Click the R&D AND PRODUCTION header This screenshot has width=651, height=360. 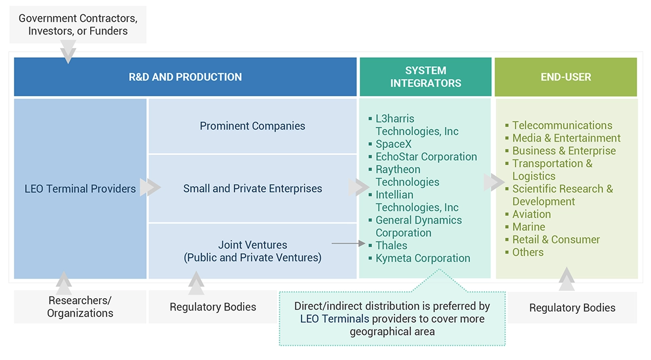pyautogui.click(x=185, y=77)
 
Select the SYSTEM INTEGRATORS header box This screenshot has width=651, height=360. pyautogui.click(x=426, y=77)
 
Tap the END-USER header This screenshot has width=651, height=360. pyautogui.click(x=566, y=77)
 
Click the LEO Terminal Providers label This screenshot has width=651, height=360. pyautogui.click(x=80, y=189)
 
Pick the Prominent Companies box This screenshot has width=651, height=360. pyautogui.click(x=253, y=126)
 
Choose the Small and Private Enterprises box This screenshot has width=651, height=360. pyautogui.click(x=253, y=189)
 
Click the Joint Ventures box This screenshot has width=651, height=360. pyautogui.click(x=253, y=251)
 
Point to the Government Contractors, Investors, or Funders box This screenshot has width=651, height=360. pyautogui.click(x=78, y=24)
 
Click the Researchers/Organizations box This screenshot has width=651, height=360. pyautogui.click(x=80, y=307)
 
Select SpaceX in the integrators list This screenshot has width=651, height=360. pyautogui.click(x=393, y=144)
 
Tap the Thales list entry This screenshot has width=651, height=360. pyautogui.click(x=391, y=245)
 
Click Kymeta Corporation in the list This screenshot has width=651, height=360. pyautogui.click(x=422, y=258)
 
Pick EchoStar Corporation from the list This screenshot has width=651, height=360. pyautogui.click(x=426, y=157)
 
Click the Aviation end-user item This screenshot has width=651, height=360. pyautogui.click(x=531, y=214)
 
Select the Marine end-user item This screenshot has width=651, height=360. pyautogui.click(x=529, y=227)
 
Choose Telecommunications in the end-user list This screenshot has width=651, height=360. pyautogui.click(x=562, y=125)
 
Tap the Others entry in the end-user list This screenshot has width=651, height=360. pyautogui.click(x=527, y=252)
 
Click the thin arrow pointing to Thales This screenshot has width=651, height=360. pyautogui.click(x=349, y=244)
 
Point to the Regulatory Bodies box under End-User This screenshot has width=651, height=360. pyautogui.click(x=572, y=308)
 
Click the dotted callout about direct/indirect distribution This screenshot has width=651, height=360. pyautogui.click(x=392, y=319)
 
